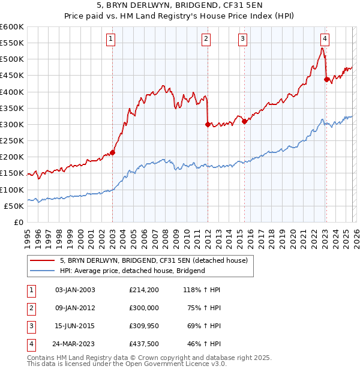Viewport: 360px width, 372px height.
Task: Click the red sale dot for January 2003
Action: click(x=112, y=152)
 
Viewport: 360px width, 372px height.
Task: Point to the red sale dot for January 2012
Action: click(x=208, y=125)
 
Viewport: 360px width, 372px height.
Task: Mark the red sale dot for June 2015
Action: click(x=244, y=121)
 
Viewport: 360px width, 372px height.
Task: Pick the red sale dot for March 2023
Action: click(x=326, y=79)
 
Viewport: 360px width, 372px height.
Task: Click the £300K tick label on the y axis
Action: click(x=12, y=124)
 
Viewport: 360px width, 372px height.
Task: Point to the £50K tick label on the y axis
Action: click(x=14, y=206)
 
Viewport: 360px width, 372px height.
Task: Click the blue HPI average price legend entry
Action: click(x=132, y=271)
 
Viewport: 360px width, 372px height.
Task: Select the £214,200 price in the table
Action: click(x=144, y=289)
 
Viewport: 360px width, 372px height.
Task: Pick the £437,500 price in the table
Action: click(x=144, y=344)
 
